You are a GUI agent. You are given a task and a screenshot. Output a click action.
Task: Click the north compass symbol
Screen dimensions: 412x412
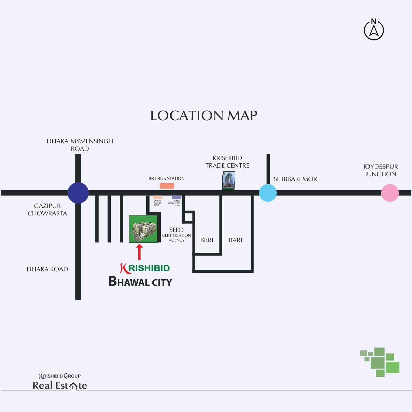pos(374,29)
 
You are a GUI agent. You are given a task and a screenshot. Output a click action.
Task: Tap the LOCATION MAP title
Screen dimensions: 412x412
pos(204,116)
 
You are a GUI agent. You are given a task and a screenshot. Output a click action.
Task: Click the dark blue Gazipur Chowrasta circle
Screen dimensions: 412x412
pos(78,193)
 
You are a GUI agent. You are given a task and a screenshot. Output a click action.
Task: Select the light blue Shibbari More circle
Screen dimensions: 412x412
pos(268,193)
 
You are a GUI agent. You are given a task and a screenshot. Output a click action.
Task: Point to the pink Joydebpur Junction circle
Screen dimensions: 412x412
pos(390,193)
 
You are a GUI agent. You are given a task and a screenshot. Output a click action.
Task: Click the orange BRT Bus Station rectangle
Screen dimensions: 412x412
pos(167,186)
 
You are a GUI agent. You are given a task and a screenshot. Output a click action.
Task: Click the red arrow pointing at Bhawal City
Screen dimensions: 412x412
pos(139,252)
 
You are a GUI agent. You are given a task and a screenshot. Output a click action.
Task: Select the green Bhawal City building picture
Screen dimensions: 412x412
pos(143,229)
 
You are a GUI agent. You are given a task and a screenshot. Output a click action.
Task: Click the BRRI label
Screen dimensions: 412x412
pos(207,240)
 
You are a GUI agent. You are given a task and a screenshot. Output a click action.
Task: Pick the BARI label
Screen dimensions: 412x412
pos(235,240)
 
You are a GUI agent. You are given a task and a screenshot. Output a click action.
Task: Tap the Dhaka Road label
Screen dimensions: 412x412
pos(47,269)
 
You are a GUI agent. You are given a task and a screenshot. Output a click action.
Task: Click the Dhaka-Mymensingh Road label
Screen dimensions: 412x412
pos(80,145)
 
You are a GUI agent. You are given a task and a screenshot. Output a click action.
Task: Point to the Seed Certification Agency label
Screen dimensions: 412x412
pos(176,234)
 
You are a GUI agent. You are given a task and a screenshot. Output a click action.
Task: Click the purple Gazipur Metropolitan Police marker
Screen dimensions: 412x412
pos(176,197)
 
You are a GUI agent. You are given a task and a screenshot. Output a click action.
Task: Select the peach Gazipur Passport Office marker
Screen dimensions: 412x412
pos(158,197)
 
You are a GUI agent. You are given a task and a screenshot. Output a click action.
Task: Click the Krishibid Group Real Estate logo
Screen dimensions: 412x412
pos(60,382)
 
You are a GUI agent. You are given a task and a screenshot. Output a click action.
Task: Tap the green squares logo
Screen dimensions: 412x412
pos(380,362)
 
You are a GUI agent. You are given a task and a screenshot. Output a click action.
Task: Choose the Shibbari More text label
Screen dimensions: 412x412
pos(297,179)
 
